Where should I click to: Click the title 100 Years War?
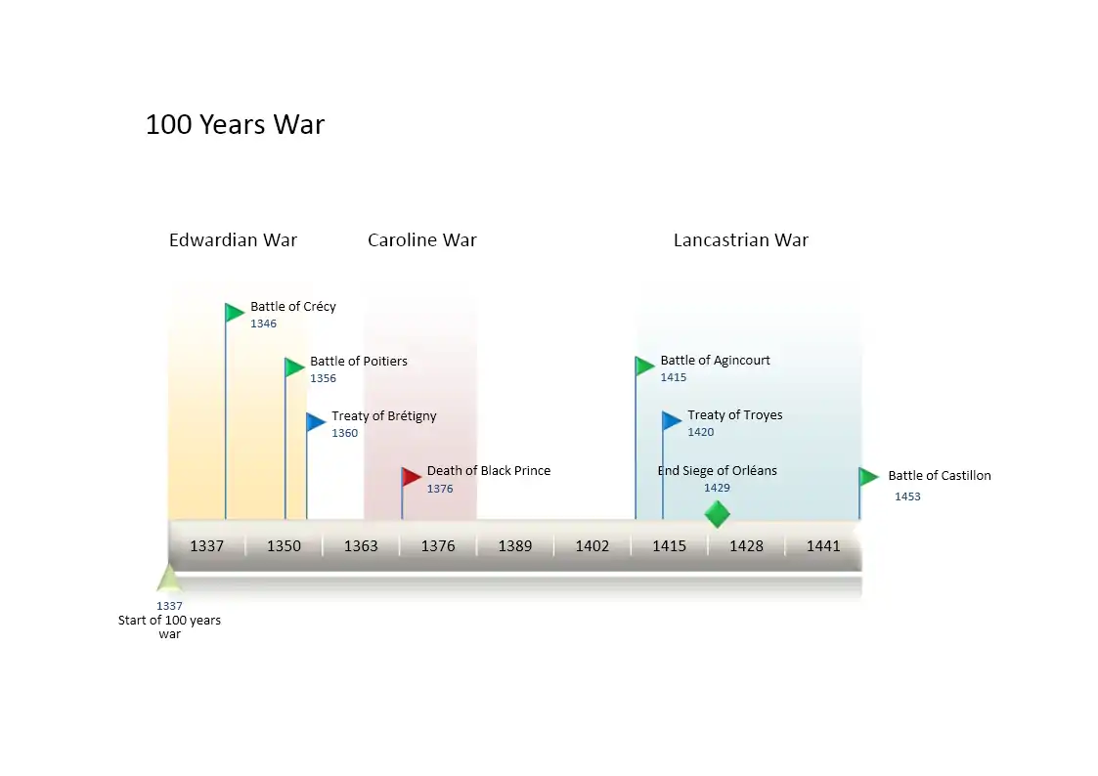pos(235,125)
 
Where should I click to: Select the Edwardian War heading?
pos(233,240)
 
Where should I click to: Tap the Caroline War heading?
pos(421,240)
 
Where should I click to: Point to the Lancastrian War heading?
pos(740,240)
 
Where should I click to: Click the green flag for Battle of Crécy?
pos(234,313)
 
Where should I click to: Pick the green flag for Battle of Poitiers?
pos(293,367)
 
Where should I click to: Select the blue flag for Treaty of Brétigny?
pos(315,422)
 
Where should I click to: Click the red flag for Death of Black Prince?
pos(411,477)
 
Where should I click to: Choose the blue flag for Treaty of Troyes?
pos(671,421)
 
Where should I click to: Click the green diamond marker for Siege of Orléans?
pos(717,514)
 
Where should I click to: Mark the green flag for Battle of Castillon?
pos(867,477)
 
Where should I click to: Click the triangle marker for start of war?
pos(169,580)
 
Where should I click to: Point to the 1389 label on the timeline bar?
pos(514,546)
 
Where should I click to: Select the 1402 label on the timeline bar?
pos(592,546)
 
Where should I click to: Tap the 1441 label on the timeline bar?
pos(822,546)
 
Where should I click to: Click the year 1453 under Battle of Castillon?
pos(906,496)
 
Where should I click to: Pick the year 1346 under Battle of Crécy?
pos(263,323)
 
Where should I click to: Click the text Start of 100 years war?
pos(169,627)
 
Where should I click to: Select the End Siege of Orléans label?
pos(717,471)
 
